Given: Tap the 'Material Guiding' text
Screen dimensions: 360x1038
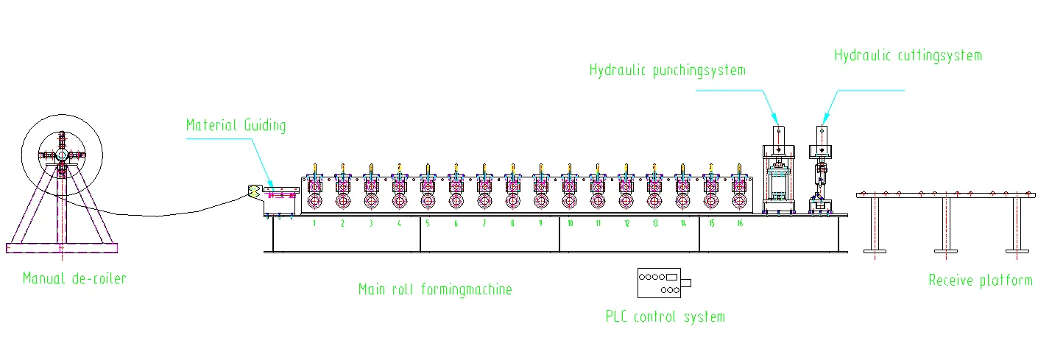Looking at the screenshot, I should coord(236,125).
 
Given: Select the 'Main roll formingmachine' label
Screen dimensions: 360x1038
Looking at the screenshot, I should coord(435,289).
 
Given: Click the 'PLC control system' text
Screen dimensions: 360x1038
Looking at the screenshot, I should coord(665,317).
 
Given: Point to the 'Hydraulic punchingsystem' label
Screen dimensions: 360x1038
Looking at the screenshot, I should coord(667,71).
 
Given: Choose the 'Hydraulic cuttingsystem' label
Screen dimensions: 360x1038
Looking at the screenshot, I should coord(908,55).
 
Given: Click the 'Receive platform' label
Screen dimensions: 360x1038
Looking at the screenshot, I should coord(980,280).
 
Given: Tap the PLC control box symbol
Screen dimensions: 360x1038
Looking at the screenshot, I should coord(663,283).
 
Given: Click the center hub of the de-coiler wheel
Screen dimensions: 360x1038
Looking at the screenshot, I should coord(62,155).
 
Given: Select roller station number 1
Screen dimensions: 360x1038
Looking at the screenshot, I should coord(314,223).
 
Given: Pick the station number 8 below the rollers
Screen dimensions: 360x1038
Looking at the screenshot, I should coord(512,223).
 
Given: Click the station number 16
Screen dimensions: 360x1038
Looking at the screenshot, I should coord(739,223).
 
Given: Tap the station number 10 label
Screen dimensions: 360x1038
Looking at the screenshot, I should coord(569,223).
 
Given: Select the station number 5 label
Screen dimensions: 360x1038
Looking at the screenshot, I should coord(427,223).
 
